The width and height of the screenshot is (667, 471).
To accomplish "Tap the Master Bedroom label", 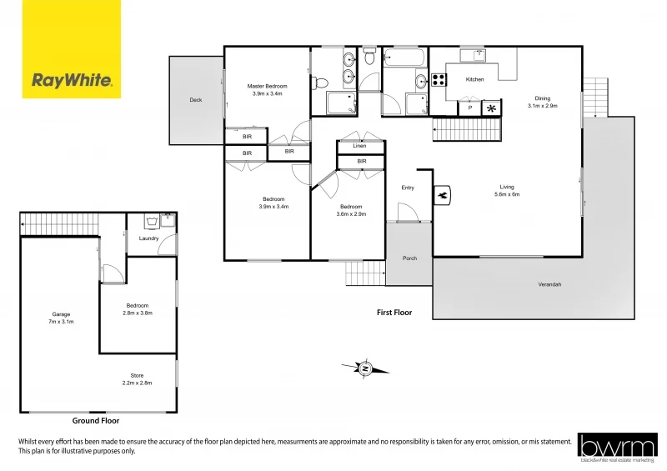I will [268, 90].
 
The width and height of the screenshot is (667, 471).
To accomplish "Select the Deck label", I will [196, 100].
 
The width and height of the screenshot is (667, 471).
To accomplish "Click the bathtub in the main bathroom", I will [405, 59].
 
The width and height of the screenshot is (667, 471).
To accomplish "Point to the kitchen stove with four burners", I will [438, 80].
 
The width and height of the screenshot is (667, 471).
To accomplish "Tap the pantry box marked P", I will [470, 108].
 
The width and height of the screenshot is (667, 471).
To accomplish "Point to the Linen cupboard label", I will [359, 146].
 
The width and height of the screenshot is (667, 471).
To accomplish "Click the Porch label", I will [409, 258].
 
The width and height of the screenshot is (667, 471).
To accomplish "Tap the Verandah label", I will [549, 285].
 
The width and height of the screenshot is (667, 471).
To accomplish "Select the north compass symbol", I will [365, 368].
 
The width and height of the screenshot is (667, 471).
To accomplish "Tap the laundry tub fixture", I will [152, 221].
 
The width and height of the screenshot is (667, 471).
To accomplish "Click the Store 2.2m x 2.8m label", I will [137, 379].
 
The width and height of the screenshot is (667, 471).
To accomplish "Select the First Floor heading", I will [394, 313].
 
